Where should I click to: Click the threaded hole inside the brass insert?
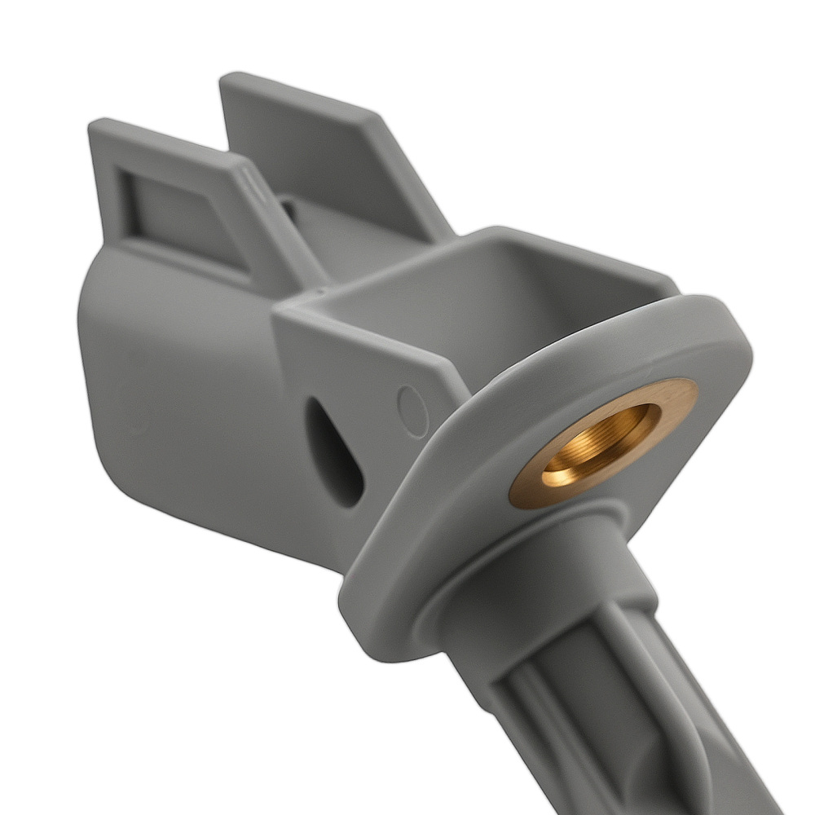pyautogui.click(x=599, y=444)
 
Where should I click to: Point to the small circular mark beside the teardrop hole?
pyautogui.click(x=412, y=402)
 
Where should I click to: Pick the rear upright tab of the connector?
pyautogui.click(x=326, y=155)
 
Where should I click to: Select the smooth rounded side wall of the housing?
pyautogui.click(x=179, y=383)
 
